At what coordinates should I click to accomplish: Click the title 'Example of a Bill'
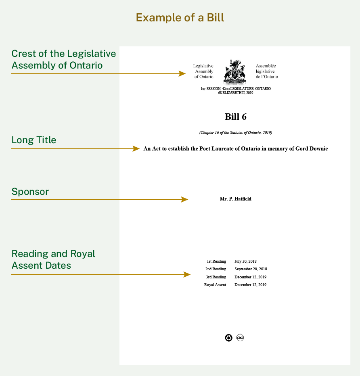pos(180,18)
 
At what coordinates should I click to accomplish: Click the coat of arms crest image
pos(234,71)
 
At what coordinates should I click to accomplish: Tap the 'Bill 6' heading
pos(235,117)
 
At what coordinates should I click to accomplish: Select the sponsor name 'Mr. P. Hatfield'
pos(235,199)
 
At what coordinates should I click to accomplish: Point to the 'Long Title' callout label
pos(34,140)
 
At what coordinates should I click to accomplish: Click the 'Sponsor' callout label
pos(30,192)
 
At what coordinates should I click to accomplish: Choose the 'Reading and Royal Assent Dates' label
pos(53,259)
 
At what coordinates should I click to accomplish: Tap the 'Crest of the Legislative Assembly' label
pos(63,59)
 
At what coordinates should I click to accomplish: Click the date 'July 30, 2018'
pos(245,261)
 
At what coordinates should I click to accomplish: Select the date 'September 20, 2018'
pos(251,269)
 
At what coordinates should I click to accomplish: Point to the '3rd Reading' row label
pos(216,277)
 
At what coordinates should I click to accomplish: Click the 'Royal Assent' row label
pos(215,285)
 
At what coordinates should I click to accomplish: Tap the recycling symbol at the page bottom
pos(229,338)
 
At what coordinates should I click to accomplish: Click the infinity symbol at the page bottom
pos(240,338)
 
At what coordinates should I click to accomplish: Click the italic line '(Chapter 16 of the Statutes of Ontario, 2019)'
pos(235,132)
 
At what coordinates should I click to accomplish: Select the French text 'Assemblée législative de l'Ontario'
pos(267,71)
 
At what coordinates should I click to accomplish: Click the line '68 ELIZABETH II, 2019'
pos(235,93)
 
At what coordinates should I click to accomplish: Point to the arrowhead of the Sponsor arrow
pos(185,199)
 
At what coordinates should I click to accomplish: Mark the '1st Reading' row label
pos(216,261)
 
